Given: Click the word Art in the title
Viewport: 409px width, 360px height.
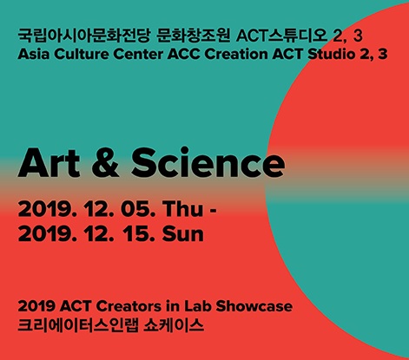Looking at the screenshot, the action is coord(49,163).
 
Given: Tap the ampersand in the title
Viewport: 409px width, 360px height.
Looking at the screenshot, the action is coord(105,163).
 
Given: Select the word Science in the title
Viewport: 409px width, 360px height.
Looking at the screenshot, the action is coord(208,163).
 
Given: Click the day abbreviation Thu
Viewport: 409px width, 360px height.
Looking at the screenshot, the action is coord(182,208).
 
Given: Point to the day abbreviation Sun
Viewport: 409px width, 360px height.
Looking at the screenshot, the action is coord(183,233).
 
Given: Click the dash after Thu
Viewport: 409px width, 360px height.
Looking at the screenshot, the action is coord(213,211).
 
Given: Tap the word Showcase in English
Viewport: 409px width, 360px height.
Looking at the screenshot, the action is coord(254,306).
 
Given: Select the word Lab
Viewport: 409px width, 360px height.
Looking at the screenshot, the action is coord(197,306).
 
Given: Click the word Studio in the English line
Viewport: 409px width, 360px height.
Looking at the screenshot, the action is coord(332,54).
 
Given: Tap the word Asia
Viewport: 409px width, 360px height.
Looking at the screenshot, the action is coord(34,54).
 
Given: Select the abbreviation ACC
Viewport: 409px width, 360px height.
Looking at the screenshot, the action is coord(183,55).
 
